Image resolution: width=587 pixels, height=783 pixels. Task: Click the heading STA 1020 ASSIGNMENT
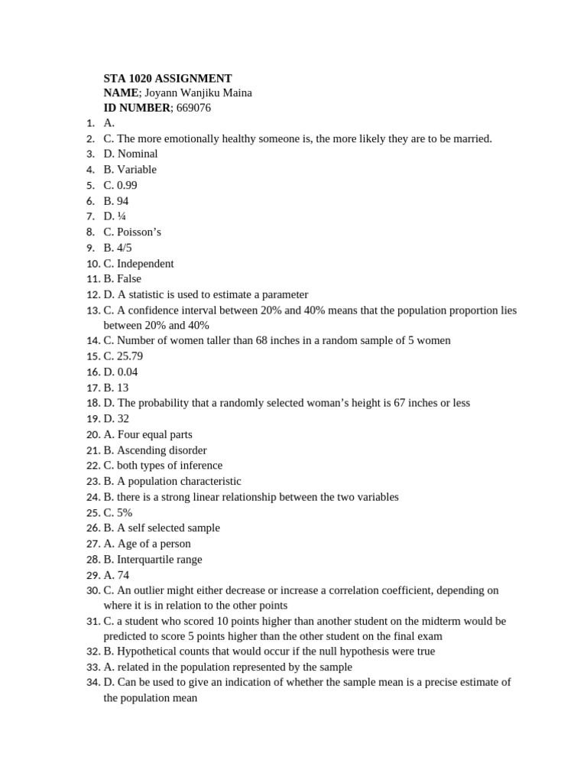tap(167, 78)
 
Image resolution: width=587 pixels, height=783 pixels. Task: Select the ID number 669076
tap(193, 108)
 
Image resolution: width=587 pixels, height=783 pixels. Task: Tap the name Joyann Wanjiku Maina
tap(198, 93)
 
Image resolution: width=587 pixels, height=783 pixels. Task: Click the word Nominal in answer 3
tap(138, 154)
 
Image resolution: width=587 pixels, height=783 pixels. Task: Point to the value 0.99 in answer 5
tap(127, 185)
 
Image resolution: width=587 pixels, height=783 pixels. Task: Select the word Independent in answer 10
tap(145, 263)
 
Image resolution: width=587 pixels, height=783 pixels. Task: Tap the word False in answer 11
tap(128, 278)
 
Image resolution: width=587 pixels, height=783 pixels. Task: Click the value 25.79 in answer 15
tap(130, 356)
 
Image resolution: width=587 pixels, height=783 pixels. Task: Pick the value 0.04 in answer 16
tap(128, 372)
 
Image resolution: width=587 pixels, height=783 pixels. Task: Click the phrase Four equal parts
tap(154, 434)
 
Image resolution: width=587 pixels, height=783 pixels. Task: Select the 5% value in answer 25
tap(125, 512)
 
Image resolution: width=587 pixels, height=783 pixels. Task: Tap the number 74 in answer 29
tap(123, 574)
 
